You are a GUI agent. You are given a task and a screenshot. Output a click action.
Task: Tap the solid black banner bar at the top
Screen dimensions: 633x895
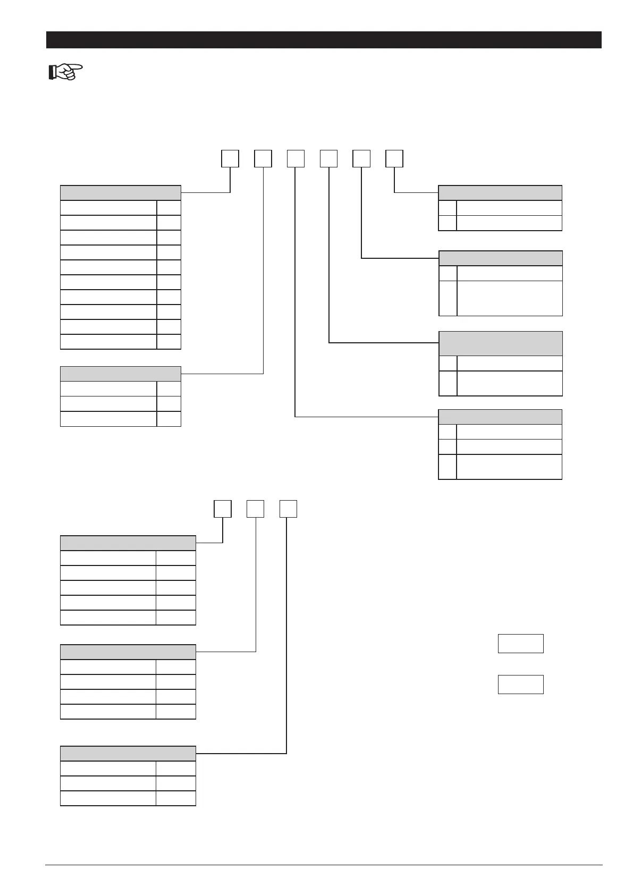pyautogui.click(x=324, y=40)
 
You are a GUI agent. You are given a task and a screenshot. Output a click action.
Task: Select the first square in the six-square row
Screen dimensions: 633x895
pyautogui.click(x=230, y=159)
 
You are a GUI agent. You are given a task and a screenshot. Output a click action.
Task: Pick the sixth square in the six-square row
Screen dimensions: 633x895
pyautogui.click(x=394, y=159)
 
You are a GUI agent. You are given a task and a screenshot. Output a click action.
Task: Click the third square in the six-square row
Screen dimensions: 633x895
pyautogui.click(x=296, y=159)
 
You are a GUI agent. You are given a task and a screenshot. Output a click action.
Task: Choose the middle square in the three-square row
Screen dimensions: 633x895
pyautogui.click(x=256, y=509)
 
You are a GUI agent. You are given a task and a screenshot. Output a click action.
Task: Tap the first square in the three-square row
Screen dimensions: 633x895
pyautogui.click(x=223, y=509)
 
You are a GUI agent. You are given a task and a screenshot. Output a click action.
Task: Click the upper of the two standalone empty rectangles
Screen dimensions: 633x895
pyautogui.click(x=520, y=643)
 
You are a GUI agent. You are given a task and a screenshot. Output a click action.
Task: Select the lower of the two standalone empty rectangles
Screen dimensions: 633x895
pyautogui.click(x=520, y=685)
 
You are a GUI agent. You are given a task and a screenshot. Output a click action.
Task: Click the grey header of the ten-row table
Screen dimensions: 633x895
pyautogui.click(x=121, y=192)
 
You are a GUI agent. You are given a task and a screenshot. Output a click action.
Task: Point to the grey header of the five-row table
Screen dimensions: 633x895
pyautogui.click(x=128, y=543)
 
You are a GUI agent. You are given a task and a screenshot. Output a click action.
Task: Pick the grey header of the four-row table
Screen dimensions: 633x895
pyautogui.click(x=128, y=652)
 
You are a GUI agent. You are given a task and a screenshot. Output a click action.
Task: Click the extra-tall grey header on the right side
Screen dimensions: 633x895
pyautogui.click(x=500, y=343)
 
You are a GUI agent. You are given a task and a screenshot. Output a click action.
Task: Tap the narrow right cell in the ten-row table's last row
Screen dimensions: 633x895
pyautogui.click(x=168, y=342)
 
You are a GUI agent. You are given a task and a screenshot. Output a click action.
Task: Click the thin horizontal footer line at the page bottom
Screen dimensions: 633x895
pyautogui.click(x=324, y=865)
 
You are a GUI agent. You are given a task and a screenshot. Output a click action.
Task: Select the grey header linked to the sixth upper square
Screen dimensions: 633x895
pyautogui.click(x=500, y=192)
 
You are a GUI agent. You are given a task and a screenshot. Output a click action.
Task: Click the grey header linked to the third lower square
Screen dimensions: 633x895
pyautogui.click(x=128, y=754)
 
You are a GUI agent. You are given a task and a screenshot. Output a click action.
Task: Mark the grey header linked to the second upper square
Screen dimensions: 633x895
pyautogui.click(x=121, y=374)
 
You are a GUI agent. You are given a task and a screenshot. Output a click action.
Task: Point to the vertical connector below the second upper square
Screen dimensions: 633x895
pyautogui.click(x=263, y=266)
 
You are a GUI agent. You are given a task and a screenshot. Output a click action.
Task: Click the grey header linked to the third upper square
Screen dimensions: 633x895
pyautogui.click(x=500, y=417)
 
